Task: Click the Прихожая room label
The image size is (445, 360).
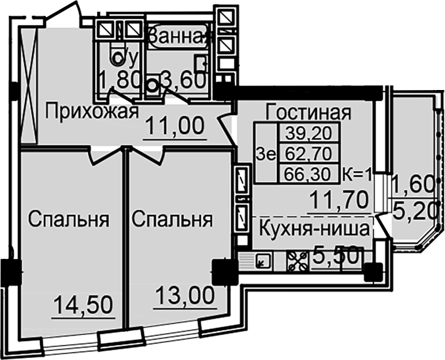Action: tap(92, 112)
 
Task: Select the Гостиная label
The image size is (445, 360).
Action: tap(308, 112)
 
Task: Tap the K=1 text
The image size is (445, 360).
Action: tap(358, 175)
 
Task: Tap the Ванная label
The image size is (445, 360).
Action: tap(179, 37)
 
